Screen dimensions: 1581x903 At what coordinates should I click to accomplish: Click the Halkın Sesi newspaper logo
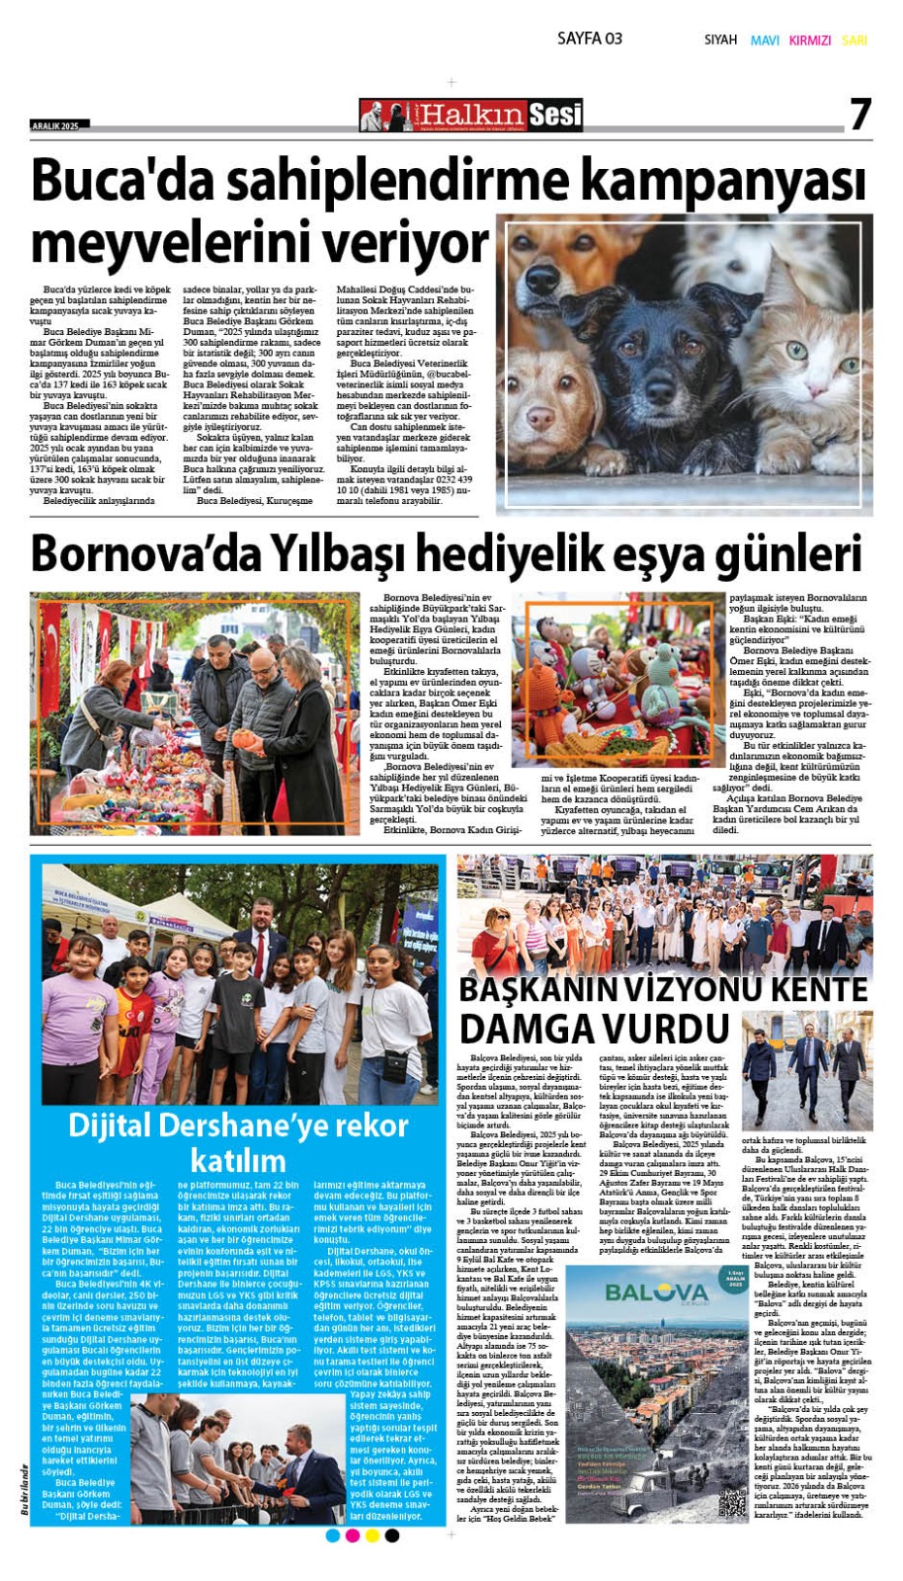point(471,116)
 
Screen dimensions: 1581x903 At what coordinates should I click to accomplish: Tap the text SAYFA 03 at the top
point(590,39)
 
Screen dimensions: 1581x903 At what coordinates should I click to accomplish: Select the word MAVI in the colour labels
point(765,41)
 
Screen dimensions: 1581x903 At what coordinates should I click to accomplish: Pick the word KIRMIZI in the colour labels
point(810,41)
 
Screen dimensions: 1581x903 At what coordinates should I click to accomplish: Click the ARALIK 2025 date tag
point(58,125)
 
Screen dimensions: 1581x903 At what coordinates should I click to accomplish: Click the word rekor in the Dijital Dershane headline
point(364,1124)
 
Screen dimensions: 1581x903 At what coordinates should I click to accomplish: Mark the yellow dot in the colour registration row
point(372,1536)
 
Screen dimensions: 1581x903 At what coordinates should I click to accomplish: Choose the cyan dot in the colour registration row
point(333,1536)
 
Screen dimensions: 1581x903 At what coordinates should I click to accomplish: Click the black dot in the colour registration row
point(392,1536)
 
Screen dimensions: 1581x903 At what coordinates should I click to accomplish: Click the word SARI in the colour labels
point(855,41)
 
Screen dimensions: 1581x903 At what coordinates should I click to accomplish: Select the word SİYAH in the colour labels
point(720,41)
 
